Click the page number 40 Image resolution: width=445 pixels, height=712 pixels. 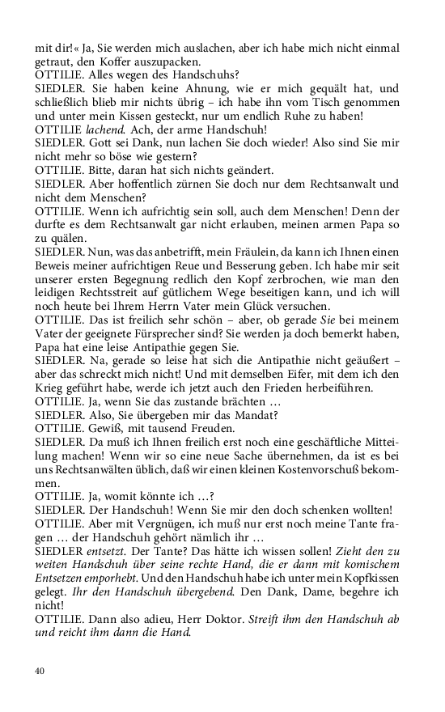pyautogui.click(x=40, y=670)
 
